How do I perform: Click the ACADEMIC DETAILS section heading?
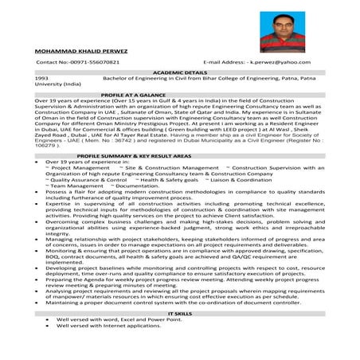pyautogui.click(x=179, y=72)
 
